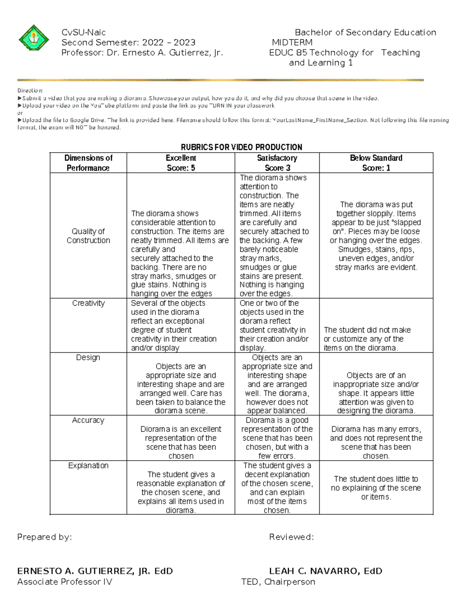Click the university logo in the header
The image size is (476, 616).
[x=34, y=40]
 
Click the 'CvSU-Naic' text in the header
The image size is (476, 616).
[x=83, y=33]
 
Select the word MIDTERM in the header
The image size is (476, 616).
[x=292, y=42]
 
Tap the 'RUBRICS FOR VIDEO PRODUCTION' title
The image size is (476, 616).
[x=241, y=147]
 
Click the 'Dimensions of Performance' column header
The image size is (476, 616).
[x=88, y=163]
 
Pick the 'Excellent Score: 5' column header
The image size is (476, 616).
[x=181, y=163]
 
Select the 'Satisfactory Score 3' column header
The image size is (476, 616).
[x=277, y=163]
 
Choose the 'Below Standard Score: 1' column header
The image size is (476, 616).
[x=376, y=163]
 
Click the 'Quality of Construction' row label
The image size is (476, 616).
[x=88, y=236]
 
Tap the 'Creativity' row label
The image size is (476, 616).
[x=88, y=303]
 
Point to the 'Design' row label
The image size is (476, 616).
[x=88, y=357]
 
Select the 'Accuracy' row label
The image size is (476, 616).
[x=88, y=420]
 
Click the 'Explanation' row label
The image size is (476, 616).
[x=88, y=465]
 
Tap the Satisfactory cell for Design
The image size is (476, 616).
[x=277, y=384]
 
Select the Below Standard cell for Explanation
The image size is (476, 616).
[x=376, y=488]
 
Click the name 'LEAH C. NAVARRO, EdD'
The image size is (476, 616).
[x=325, y=571]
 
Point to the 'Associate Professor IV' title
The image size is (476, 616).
[x=65, y=582]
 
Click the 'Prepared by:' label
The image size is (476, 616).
[x=44, y=537]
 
